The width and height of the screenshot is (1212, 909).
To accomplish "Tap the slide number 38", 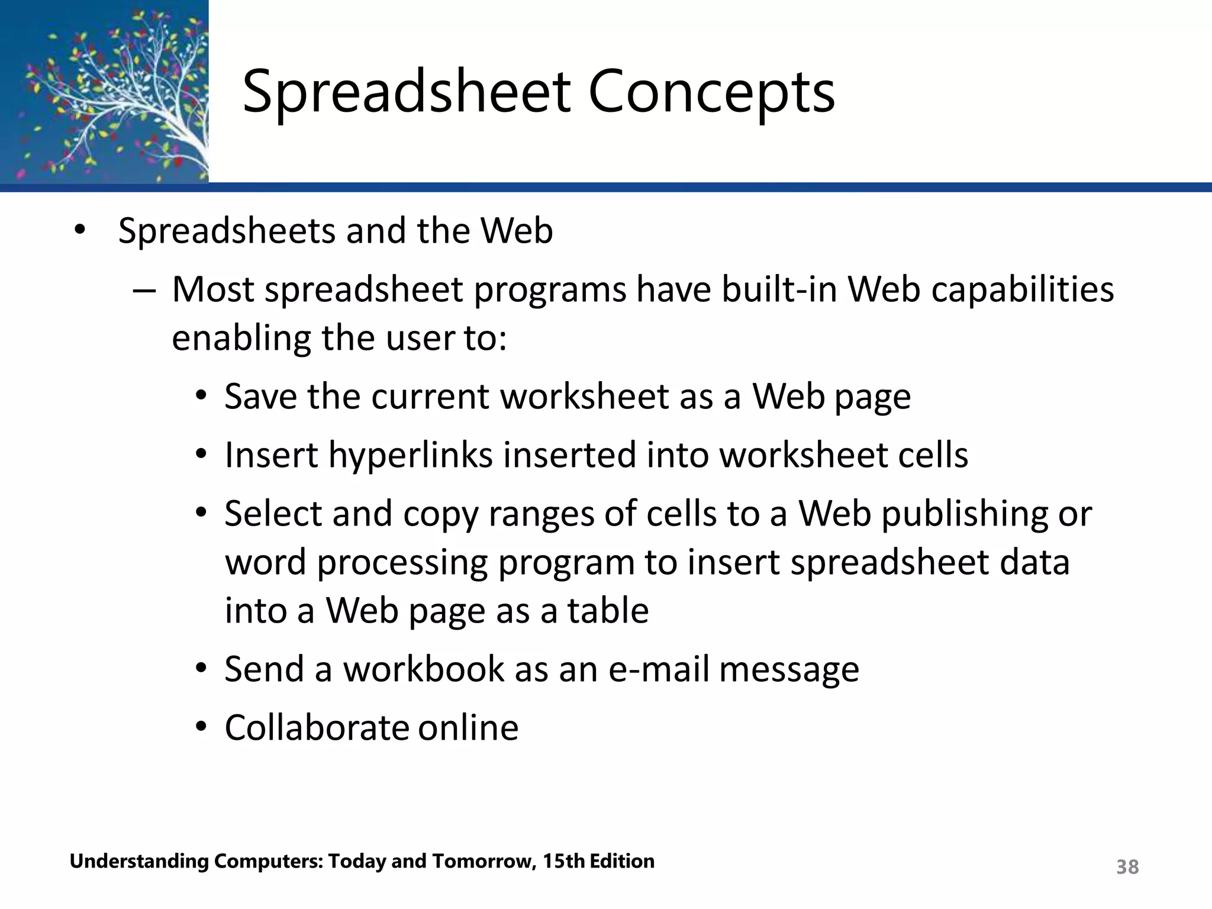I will (x=1127, y=867).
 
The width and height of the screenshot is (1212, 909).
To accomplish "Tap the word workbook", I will (x=423, y=669).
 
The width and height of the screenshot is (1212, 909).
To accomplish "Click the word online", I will (x=468, y=728).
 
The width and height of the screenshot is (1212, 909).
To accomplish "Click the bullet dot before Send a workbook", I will (x=201, y=669).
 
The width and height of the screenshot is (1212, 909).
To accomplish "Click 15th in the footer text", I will (x=565, y=861).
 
